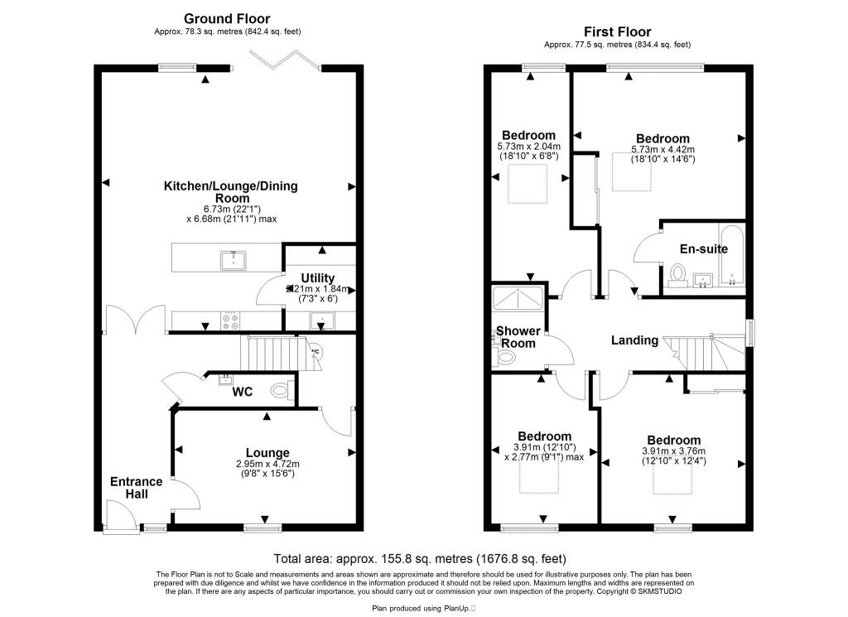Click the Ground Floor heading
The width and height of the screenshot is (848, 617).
click(227, 18)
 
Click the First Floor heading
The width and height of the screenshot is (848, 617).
click(617, 32)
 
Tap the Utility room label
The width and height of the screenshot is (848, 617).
click(318, 277)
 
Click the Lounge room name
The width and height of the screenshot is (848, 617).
click(267, 452)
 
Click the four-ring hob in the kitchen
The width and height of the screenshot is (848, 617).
click(231, 320)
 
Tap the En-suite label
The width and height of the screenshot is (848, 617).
click(703, 248)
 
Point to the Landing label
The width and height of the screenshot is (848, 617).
click(635, 340)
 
